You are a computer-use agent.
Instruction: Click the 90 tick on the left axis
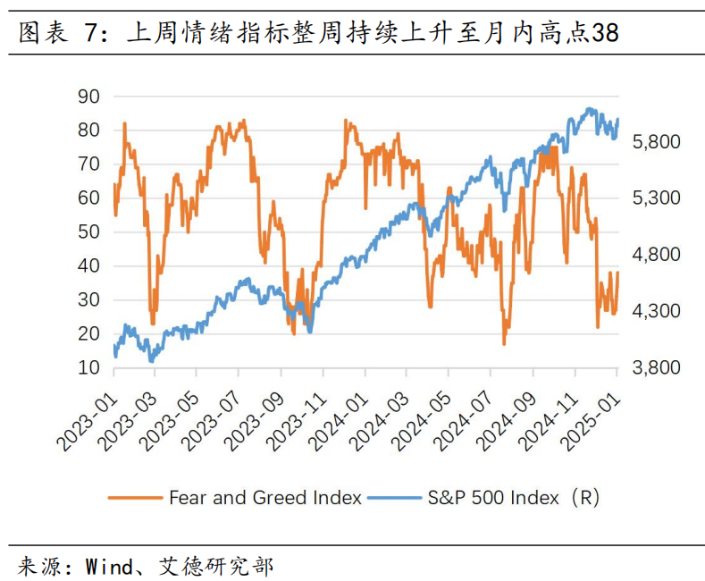88,96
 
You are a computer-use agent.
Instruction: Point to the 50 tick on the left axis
88,232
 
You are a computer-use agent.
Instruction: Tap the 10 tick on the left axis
88,367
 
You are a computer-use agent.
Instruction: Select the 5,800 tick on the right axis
657,141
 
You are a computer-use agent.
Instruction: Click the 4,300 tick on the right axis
657,311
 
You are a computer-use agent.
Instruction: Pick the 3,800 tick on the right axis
657,367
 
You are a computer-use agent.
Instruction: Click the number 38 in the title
606,33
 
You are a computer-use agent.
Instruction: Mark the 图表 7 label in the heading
55,33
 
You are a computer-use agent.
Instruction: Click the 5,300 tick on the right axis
657,198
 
